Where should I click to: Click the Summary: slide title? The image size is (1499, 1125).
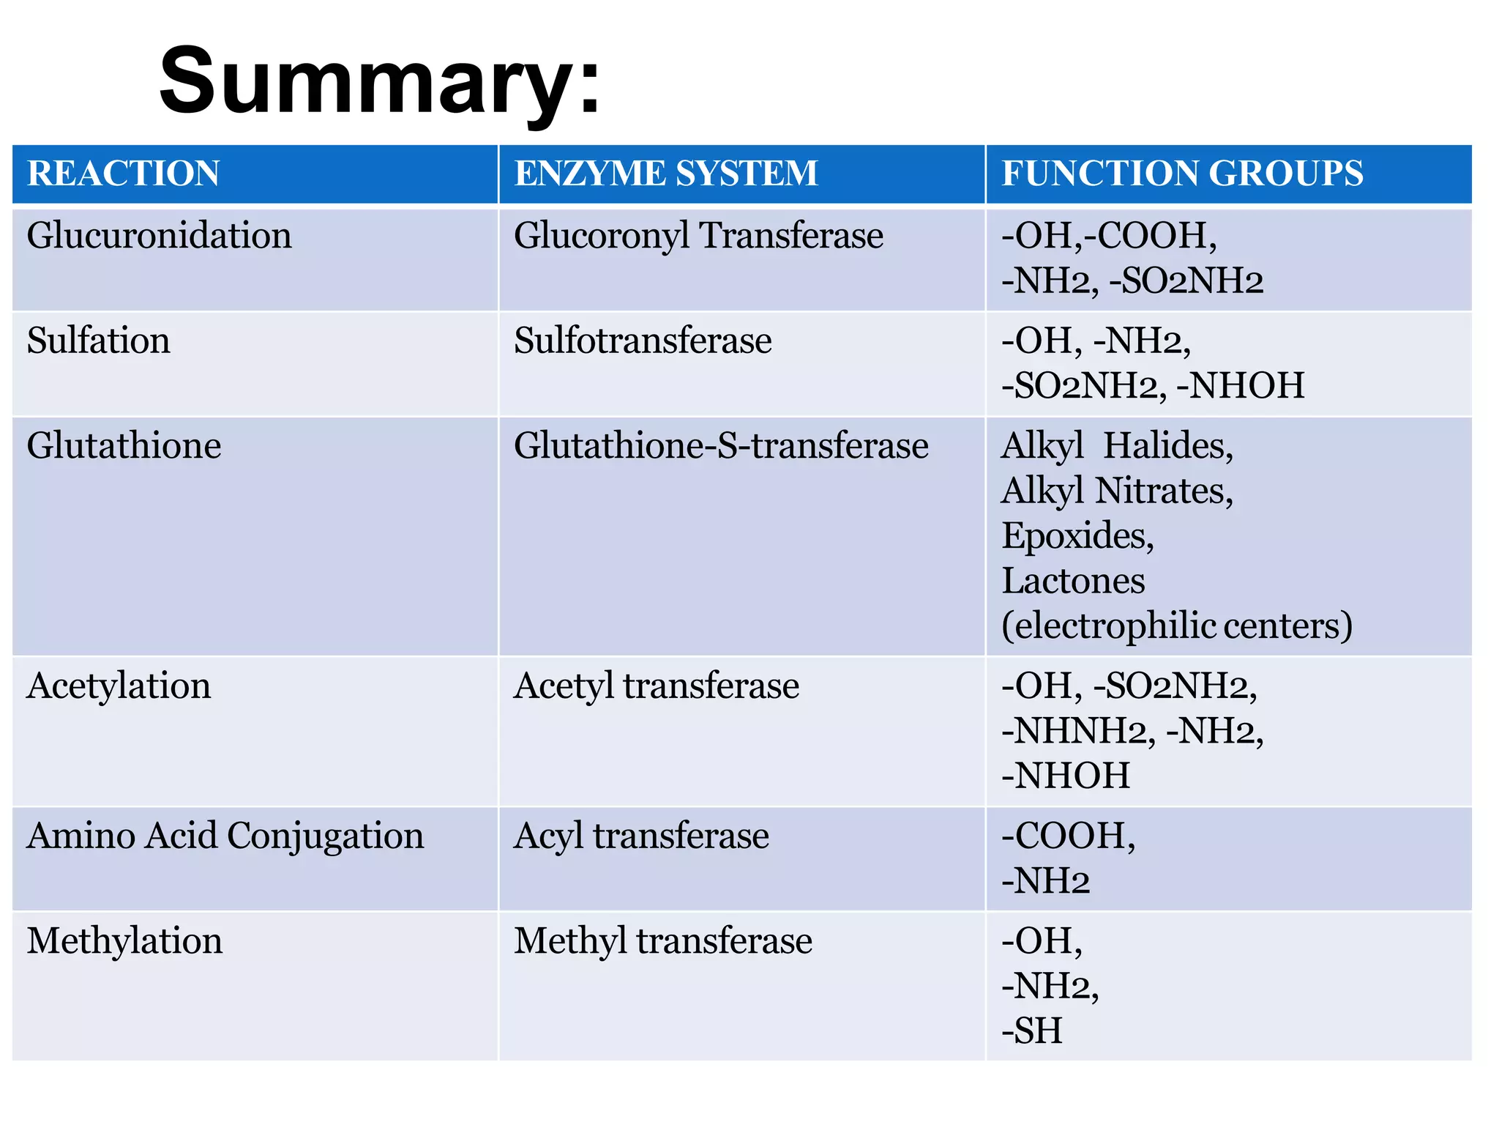[x=379, y=81]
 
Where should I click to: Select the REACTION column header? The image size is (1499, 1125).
[x=123, y=174]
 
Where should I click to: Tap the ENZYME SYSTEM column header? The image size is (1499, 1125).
[x=665, y=174]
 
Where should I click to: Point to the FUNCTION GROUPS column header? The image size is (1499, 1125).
[x=1181, y=174]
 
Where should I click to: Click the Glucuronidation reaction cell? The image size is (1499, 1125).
[x=159, y=236]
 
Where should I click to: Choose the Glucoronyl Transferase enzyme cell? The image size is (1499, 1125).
[x=698, y=236]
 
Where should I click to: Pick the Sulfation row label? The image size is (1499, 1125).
[x=98, y=341]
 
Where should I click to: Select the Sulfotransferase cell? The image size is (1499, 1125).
[x=642, y=341]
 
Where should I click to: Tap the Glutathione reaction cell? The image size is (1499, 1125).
[x=124, y=445]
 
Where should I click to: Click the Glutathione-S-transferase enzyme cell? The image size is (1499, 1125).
[x=721, y=445]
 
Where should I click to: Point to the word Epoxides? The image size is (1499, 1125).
[x=1077, y=535]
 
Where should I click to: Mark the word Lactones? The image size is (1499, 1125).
[x=1072, y=581]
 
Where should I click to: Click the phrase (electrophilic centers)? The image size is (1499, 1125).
[x=1176, y=625]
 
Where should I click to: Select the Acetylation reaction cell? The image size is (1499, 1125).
[x=119, y=686]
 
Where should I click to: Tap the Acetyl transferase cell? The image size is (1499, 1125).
[x=656, y=686]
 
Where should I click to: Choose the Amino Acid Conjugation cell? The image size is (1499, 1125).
[x=225, y=836]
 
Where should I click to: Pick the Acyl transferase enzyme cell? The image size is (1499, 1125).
[x=641, y=836]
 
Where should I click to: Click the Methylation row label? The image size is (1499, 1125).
[x=124, y=940]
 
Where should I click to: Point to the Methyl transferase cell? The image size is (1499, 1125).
[x=662, y=940]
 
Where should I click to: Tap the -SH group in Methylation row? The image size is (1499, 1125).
[x=1031, y=1031]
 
